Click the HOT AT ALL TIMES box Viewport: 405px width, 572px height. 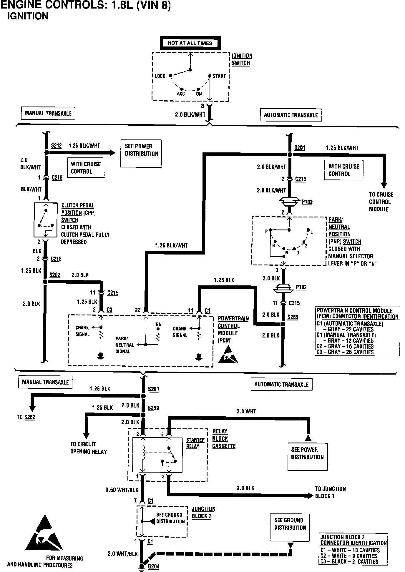[190, 43]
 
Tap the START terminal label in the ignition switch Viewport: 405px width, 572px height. [219, 76]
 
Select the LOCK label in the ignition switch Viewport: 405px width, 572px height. [160, 76]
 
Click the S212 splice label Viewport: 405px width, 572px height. [56, 146]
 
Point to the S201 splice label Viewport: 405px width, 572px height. [300, 148]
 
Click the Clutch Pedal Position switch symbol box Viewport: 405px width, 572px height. [46, 220]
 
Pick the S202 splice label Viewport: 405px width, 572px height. [55, 275]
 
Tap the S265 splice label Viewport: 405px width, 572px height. [293, 317]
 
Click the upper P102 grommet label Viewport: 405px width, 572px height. [307, 202]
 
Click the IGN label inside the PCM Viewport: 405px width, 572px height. [158, 325]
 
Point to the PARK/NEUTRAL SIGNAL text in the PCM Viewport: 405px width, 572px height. [125, 345]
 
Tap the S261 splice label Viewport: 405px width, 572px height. [153, 389]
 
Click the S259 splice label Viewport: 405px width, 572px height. [153, 408]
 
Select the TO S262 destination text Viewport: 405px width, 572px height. [26, 417]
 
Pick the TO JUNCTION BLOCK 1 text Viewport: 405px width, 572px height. [330, 492]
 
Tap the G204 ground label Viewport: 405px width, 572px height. [154, 567]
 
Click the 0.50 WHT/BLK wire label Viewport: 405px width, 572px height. [122, 490]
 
